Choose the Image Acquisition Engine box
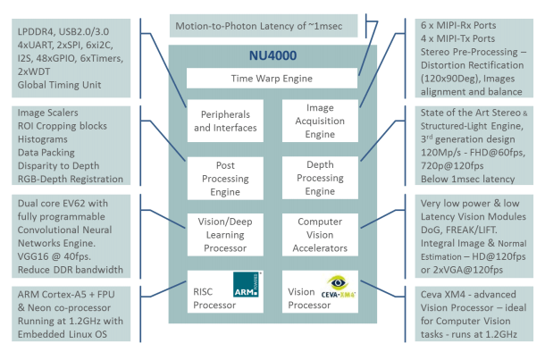point(320,121)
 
